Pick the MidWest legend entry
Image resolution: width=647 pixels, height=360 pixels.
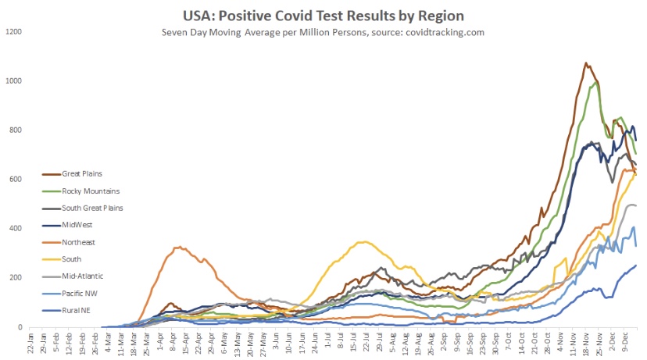(55, 225)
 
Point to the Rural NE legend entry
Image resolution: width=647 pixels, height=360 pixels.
(53, 311)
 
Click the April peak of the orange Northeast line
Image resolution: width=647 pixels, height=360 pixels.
(179, 247)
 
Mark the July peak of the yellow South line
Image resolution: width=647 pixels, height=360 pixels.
(363, 242)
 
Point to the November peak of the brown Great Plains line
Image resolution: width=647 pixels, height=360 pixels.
(586, 63)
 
